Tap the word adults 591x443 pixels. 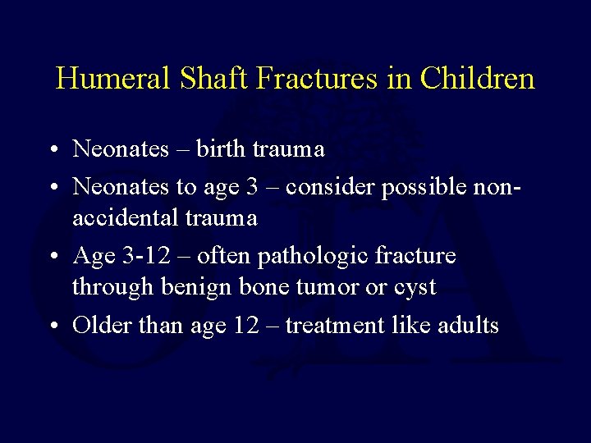click(x=468, y=325)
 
